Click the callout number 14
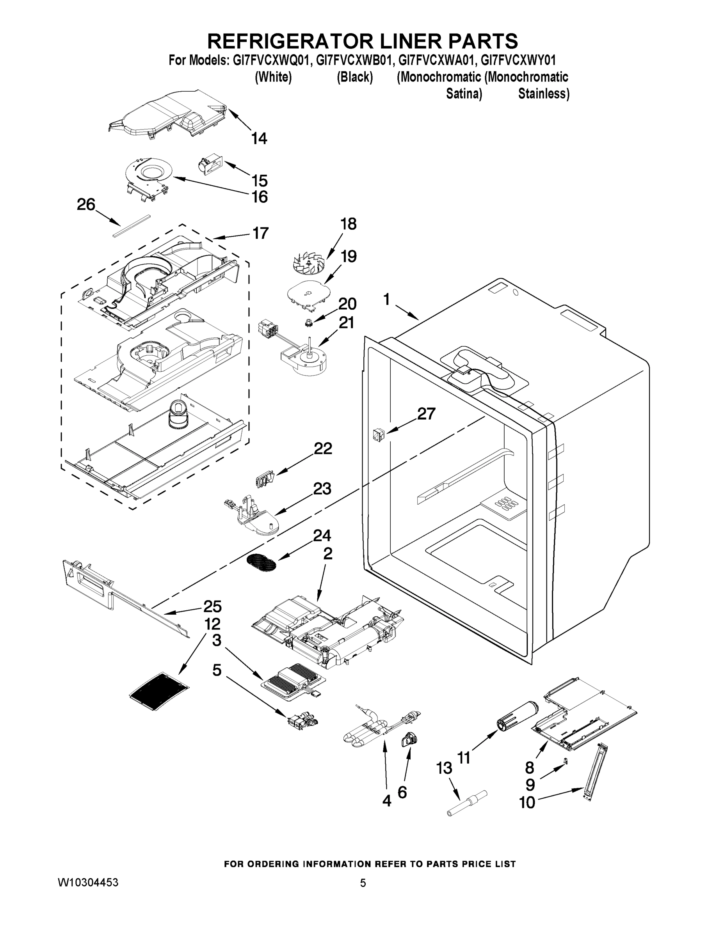pyautogui.click(x=259, y=138)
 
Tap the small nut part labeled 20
pyautogui.click(x=308, y=322)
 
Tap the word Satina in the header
pyautogui.click(x=464, y=94)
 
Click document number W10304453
pyautogui.click(x=88, y=883)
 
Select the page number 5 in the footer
pyautogui.click(x=363, y=883)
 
